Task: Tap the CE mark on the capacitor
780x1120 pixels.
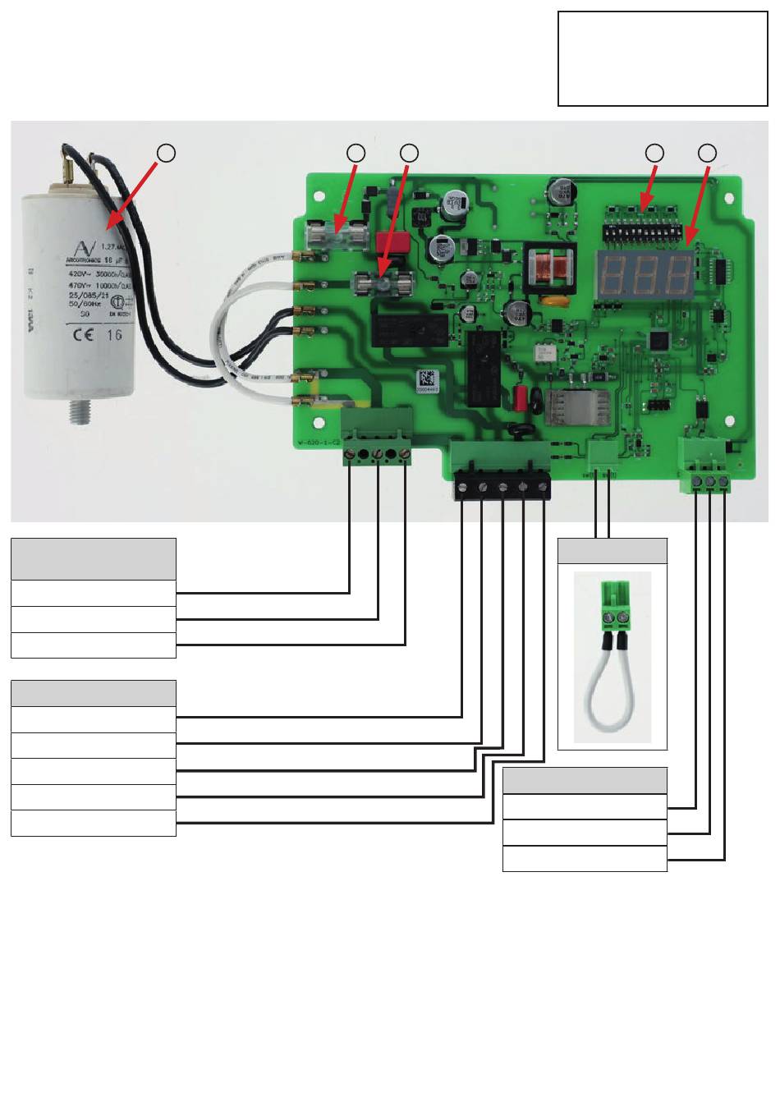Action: [83, 334]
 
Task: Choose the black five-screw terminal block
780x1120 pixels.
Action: [502, 488]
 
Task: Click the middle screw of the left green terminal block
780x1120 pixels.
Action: [377, 454]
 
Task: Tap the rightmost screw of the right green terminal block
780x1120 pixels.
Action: [723, 481]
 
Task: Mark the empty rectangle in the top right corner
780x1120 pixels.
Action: [663, 58]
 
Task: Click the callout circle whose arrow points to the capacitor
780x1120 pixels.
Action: [167, 153]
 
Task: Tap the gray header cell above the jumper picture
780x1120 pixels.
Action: [613, 552]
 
